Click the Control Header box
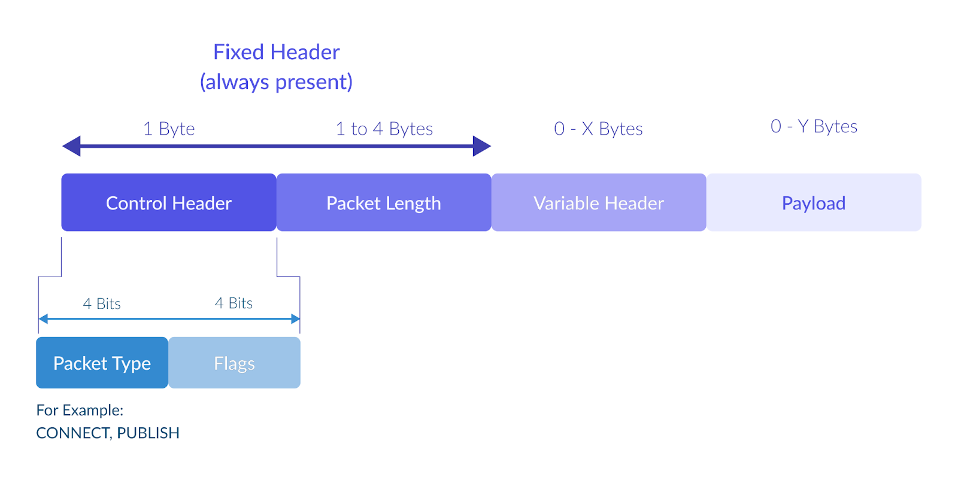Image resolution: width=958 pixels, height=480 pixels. point(168,203)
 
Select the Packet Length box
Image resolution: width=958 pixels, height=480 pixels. point(384,203)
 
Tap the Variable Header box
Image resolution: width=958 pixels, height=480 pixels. point(599,203)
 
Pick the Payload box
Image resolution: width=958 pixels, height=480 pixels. point(814,203)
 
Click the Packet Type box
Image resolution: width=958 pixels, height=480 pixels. point(102,363)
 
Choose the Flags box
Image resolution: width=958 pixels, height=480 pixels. point(234,363)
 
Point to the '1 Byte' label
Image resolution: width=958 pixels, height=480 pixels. point(169,129)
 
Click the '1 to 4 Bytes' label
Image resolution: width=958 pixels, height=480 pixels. point(384,129)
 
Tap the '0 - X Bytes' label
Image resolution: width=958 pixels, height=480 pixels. point(598,129)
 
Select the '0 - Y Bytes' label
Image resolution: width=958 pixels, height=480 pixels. point(814,126)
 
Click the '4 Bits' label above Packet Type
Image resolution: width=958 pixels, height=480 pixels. point(102,303)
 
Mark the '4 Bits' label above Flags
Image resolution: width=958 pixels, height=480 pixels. point(234,303)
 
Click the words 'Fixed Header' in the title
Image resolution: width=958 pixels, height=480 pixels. point(276,52)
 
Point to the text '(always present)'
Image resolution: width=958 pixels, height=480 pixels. point(276,81)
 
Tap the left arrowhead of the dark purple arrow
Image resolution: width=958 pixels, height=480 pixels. point(71,146)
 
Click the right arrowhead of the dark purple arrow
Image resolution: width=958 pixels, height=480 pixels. point(481,146)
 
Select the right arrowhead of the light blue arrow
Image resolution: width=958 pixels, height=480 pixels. point(296,319)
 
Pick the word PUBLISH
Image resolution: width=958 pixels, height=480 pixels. point(148,433)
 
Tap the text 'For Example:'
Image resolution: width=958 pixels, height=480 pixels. point(80,411)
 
